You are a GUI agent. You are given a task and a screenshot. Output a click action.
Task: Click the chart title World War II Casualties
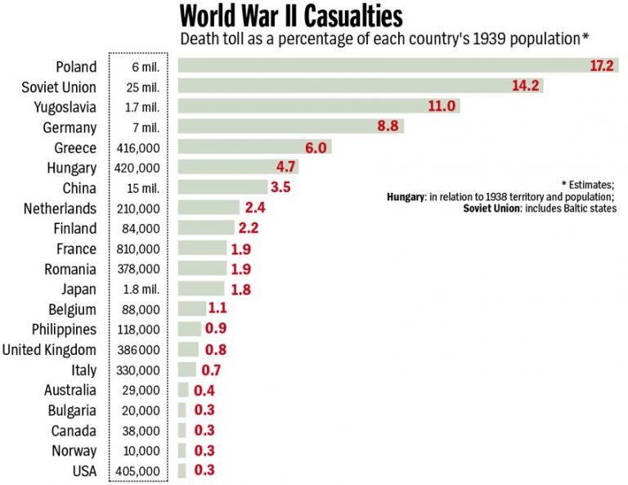(291, 16)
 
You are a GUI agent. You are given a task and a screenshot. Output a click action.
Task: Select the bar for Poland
(384, 66)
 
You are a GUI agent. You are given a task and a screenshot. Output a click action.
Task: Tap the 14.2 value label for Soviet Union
(528, 87)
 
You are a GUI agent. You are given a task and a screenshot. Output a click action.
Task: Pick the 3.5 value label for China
(280, 187)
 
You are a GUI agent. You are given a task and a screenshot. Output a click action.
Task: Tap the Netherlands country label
(61, 209)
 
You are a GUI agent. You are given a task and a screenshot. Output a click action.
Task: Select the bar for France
(202, 249)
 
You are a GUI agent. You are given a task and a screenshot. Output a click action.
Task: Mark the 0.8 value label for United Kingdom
(215, 349)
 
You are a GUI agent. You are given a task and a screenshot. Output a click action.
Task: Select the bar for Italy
(187, 370)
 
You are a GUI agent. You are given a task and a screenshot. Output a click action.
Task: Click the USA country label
(83, 471)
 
